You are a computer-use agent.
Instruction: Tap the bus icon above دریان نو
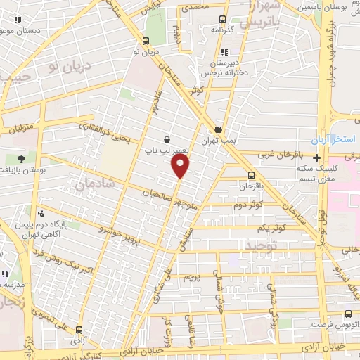[146, 41]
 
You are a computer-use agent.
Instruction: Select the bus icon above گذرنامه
[223, 20]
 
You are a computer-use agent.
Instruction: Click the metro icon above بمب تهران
[219, 130]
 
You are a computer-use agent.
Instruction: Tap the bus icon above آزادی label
[78, 329]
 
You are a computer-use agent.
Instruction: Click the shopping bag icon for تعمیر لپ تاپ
[165, 139]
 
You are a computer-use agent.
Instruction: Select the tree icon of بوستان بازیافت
[21, 159]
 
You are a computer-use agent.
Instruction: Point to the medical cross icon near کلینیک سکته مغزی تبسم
[317, 158]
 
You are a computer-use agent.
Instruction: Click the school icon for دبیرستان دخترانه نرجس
[224, 52]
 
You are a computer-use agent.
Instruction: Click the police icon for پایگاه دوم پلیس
[41, 212]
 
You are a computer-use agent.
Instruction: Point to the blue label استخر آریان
[336, 138]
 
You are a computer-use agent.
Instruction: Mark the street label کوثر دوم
[249, 205]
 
